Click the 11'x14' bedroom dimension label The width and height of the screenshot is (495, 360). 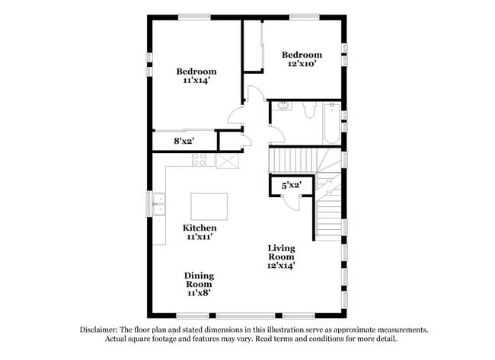pos(196,81)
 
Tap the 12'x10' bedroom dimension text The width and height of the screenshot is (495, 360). pos(302,64)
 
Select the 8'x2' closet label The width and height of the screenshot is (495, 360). pos(184,141)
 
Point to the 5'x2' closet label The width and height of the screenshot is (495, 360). pos(292,186)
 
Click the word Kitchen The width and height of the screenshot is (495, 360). pos(200,228)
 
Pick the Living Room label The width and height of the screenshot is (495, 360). pos(281,253)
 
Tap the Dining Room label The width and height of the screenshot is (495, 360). pos(200,280)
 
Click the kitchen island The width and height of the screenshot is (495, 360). pos(209,207)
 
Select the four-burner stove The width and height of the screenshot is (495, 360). pos(200,160)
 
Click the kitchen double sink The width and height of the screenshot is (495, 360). pos(159,204)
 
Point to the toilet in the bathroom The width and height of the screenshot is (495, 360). pos(309,110)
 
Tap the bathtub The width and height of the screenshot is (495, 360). pos(331,123)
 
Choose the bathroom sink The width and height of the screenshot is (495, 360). pos(283,106)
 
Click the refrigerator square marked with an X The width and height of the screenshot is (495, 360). pos(227,161)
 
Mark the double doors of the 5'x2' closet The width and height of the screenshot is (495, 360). pos(291,204)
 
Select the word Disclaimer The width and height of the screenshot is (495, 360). pos(99,330)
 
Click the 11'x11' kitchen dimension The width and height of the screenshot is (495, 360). pos(200,237)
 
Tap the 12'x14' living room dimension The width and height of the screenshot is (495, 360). pos(281,266)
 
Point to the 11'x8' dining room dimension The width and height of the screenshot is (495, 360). pos(200,293)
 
